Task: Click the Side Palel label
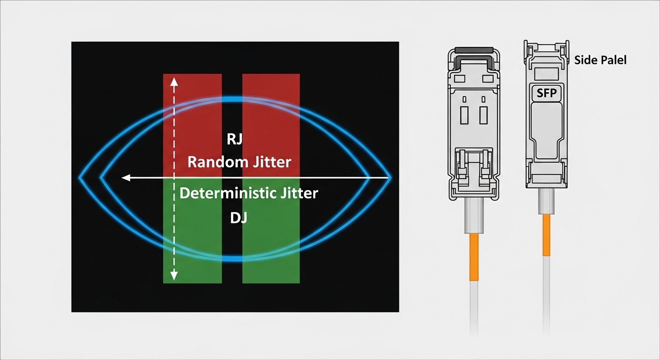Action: tap(600, 60)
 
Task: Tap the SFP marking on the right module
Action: tap(547, 93)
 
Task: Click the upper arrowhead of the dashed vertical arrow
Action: tap(174, 82)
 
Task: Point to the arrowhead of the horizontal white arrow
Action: tap(125, 178)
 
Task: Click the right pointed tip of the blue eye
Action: tap(390, 178)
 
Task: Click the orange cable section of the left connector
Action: tap(474, 257)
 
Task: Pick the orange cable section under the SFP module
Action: tap(546, 235)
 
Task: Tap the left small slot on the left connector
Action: tap(464, 115)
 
